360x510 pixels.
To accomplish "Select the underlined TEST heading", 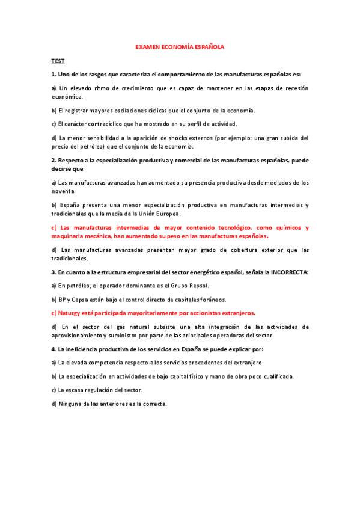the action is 58,61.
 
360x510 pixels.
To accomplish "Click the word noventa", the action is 63,191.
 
